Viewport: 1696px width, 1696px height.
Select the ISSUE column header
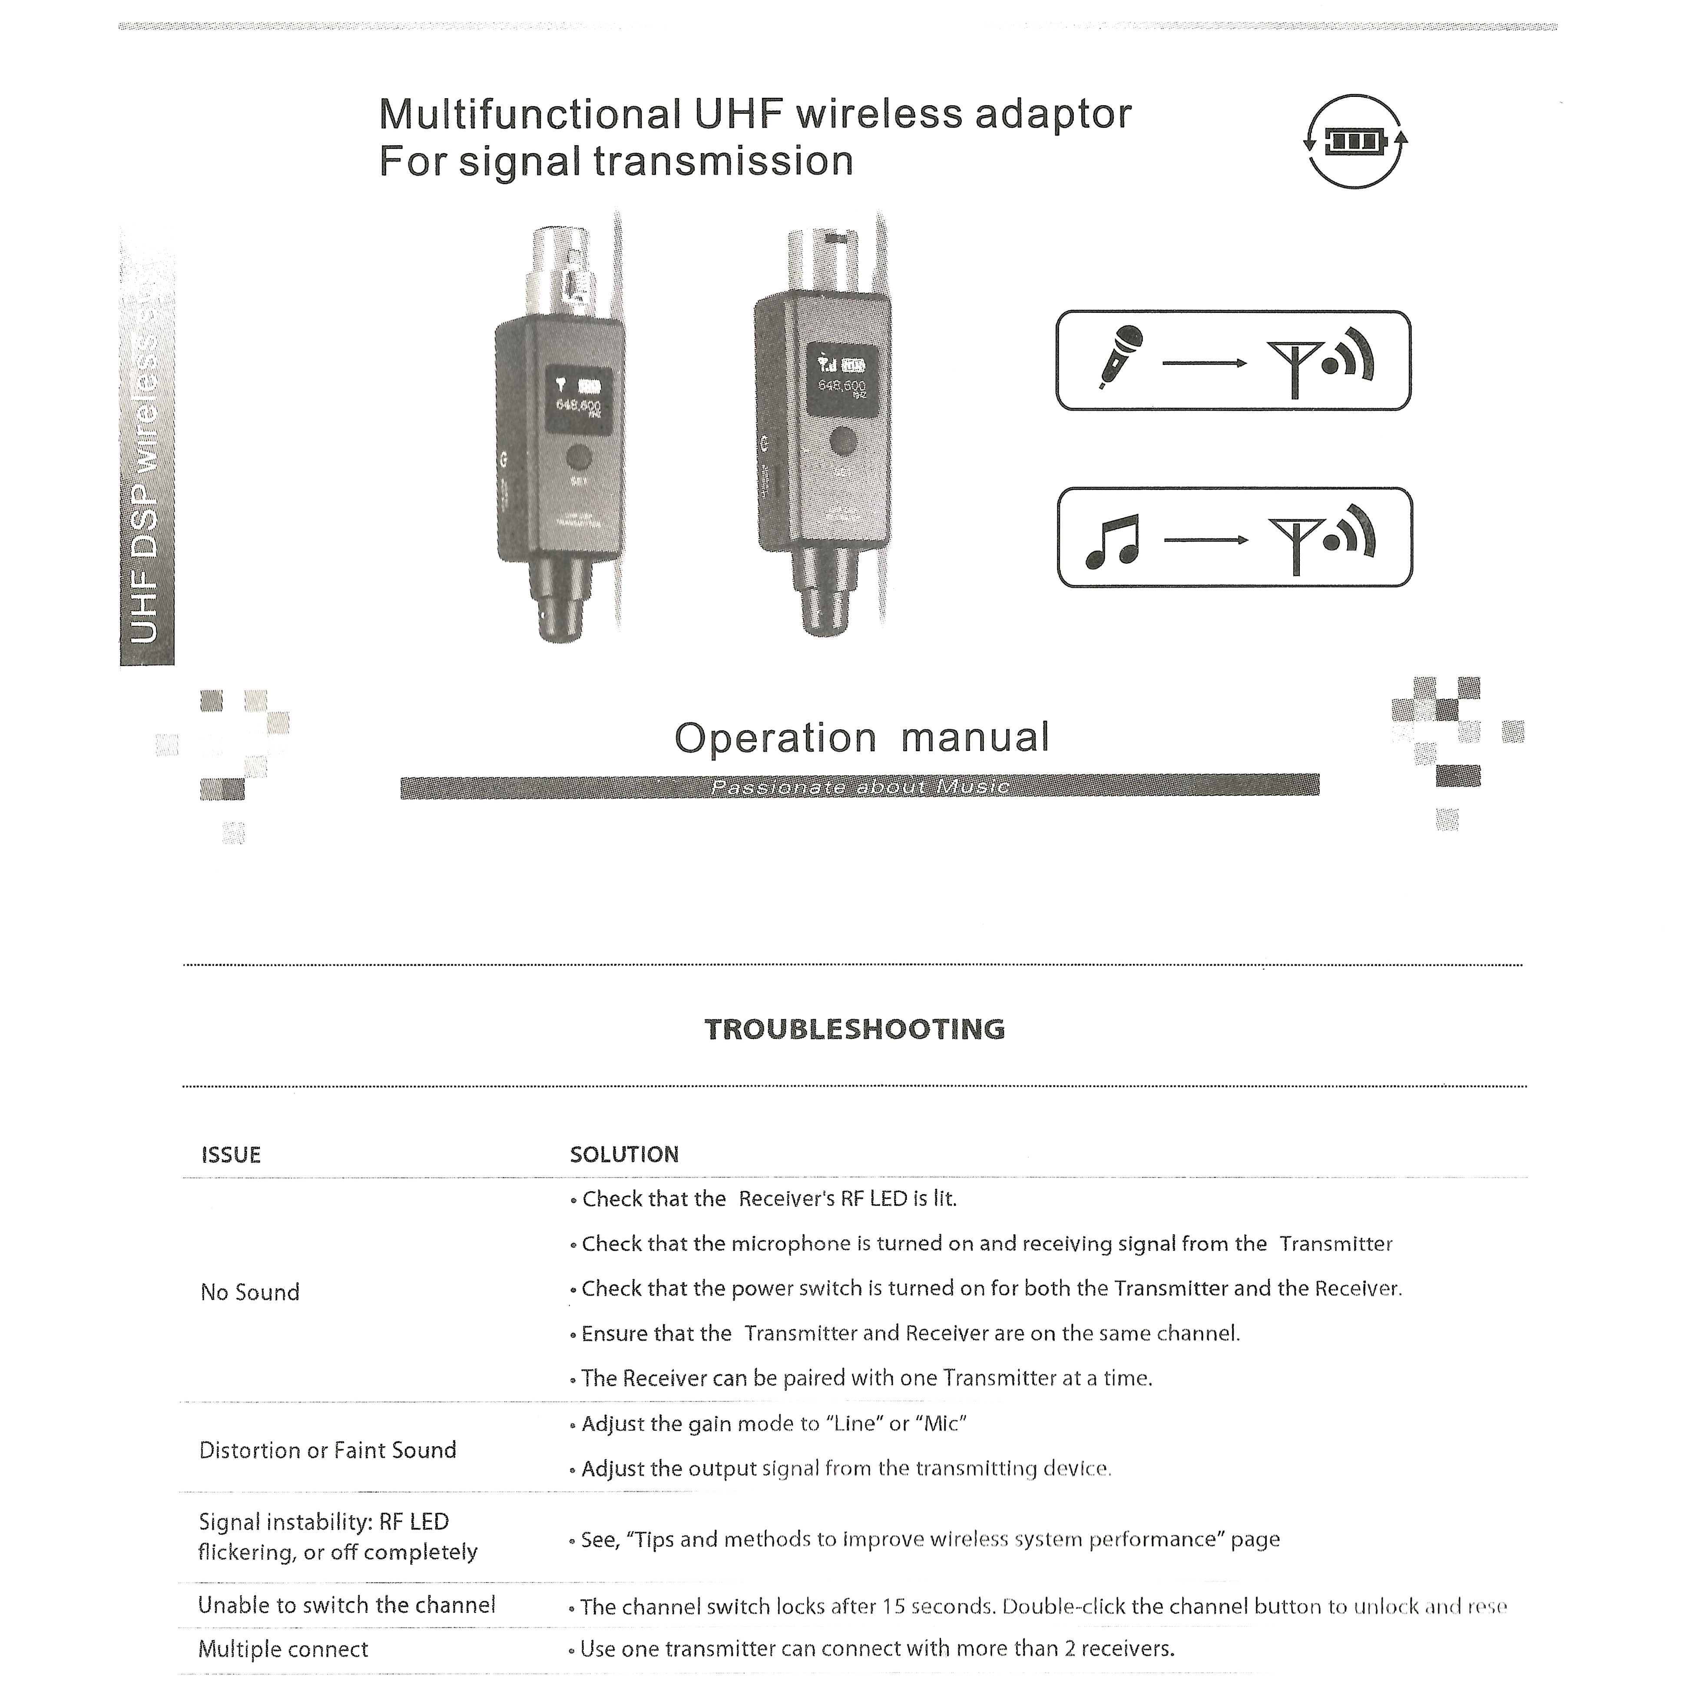click(231, 1155)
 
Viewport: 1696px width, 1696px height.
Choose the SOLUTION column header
click(624, 1155)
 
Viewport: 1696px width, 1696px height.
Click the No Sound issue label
click(250, 1292)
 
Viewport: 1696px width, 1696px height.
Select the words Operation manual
click(861, 737)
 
